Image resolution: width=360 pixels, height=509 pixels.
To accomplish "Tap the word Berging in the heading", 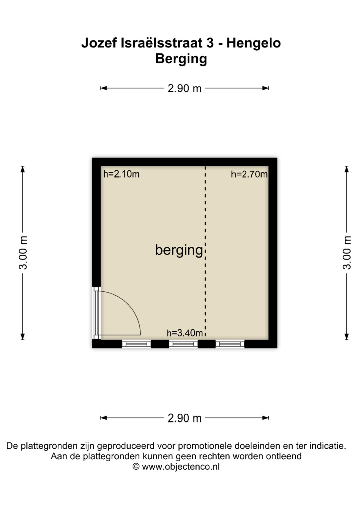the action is pyautogui.click(x=181, y=59).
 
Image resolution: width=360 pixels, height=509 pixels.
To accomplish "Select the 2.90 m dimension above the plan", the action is pyautogui.click(x=185, y=88).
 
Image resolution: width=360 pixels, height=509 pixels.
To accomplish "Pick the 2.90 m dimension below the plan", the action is pyautogui.click(x=185, y=418).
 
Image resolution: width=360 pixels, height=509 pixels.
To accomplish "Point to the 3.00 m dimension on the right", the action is pyautogui.click(x=347, y=253).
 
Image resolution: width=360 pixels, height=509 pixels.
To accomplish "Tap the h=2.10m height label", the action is pyautogui.click(x=121, y=174).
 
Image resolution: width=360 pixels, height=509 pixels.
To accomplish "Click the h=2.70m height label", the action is pyautogui.click(x=249, y=174).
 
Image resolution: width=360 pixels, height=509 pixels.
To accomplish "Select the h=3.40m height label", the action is pyautogui.click(x=185, y=333).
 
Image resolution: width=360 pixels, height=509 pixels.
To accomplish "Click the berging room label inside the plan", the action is pyautogui.click(x=179, y=250).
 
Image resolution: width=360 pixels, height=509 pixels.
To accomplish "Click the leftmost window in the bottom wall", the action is pyautogui.click(x=136, y=344).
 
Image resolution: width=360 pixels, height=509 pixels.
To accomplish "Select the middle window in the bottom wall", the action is pyautogui.click(x=183, y=344).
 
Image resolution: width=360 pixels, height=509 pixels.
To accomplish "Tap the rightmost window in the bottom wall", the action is pyautogui.click(x=230, y=344).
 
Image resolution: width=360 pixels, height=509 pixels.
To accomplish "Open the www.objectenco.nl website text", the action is pyautogui.click(x=181, y=467).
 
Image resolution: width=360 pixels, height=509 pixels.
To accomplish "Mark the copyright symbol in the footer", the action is pyautogui.click(x=136, y=467).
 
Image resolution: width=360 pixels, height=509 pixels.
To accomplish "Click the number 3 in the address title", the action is pyautogui.click(x=210, y=43).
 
